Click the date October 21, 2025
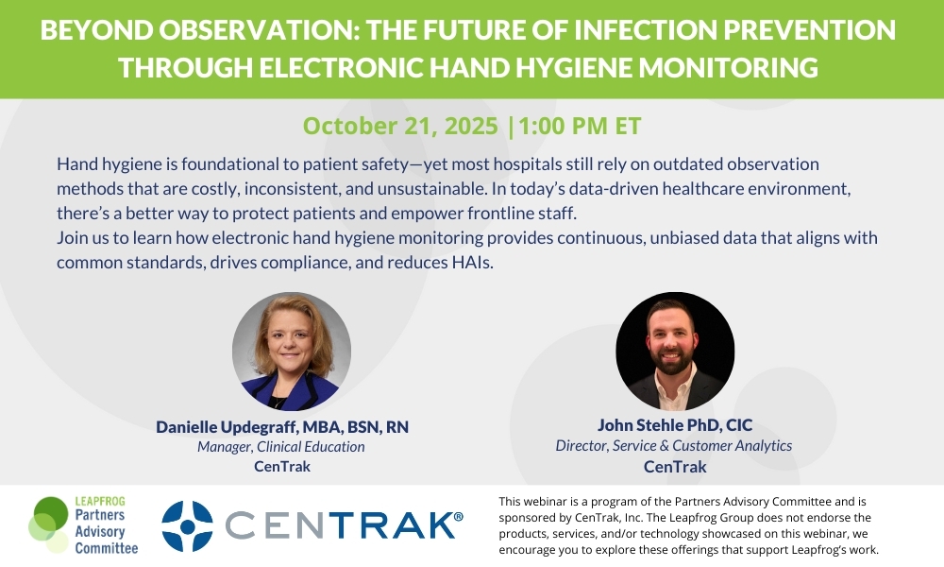point(400,126)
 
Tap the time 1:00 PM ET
point(580,126)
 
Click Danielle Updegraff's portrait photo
point(292,352)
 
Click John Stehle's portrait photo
point(675,352)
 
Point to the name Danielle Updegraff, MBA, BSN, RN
point(282,426)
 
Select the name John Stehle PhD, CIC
point(675,425)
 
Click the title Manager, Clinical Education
point(281,446)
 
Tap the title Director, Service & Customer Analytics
point(674,445)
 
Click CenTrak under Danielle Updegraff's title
point(282,467)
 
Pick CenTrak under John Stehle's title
point(675,467)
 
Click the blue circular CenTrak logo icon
point(187,526)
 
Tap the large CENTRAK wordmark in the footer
point(340,525)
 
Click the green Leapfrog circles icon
point(49,524)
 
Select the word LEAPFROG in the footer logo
point(100,501)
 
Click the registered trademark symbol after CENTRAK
point(459,516)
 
